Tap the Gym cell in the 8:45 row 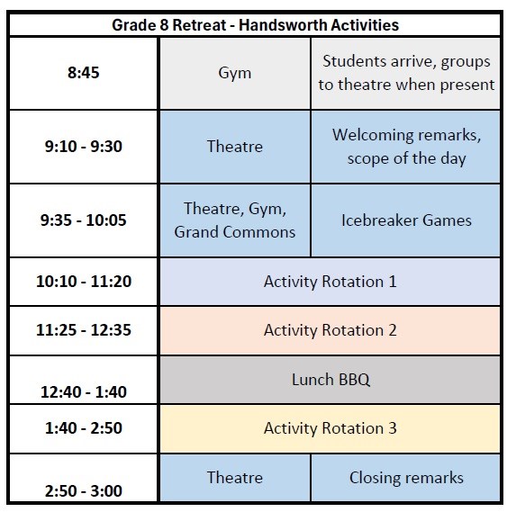point(234,72)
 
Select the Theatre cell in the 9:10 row point(234,147)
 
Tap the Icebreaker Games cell point(406,220)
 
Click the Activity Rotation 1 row point(330,282)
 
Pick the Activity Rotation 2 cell point(330,330)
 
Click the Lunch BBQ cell point(330,379)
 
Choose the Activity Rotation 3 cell point(330,428)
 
